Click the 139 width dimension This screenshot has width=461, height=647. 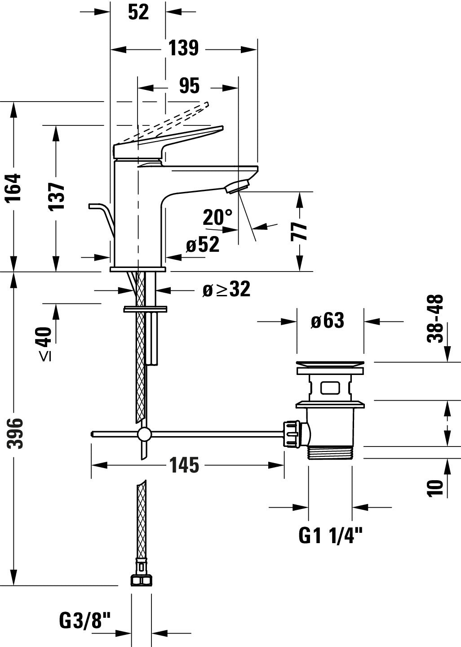[x=183, y=48]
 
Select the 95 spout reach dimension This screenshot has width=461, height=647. [x=189, y=86]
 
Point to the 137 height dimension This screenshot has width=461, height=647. [x=57, y=196]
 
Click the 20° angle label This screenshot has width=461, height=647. [x=217, y=217]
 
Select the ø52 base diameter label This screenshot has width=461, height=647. [x=203, y=245]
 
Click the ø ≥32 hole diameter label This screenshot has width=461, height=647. [x=226, y=290]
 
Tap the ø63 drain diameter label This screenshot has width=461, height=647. [x=328, y=321]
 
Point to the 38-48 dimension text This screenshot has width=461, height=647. [x=435, y=318]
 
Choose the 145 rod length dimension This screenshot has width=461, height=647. [x=184, y=465]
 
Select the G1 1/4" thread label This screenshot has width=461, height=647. [x=330, y=535]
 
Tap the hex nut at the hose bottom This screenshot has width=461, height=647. [x=141, y=580]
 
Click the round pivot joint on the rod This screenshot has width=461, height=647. [x=144, y=434]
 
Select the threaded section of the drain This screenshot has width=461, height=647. [x=330, y=453]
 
